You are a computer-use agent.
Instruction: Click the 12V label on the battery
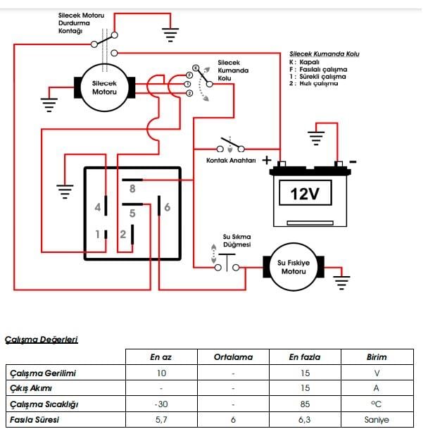[305, 194]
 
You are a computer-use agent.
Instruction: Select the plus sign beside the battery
[267, 161]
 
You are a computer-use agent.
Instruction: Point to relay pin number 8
[132, 188]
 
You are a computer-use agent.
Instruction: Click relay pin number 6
[168, 207]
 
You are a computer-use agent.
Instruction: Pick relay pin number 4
[98, 207]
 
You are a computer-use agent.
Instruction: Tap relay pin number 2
[122, 235]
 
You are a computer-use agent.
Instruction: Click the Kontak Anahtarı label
[231, 161]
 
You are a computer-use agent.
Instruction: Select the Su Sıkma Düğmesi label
[237, 241]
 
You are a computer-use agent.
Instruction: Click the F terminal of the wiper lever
[189, 75]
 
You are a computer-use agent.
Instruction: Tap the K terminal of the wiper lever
[196, 68]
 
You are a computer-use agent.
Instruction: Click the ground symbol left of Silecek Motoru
[49, 105]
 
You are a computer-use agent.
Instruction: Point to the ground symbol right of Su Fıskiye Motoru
[341, 283]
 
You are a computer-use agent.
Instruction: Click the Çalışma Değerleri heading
[42, 340]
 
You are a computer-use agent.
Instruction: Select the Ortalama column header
[233, 357]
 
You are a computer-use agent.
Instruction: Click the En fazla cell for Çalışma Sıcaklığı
[306, 404]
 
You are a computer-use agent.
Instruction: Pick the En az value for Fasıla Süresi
[161, 420]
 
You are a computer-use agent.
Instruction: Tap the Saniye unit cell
[377, 420]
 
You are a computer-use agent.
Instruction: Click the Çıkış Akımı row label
[31, 388]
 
